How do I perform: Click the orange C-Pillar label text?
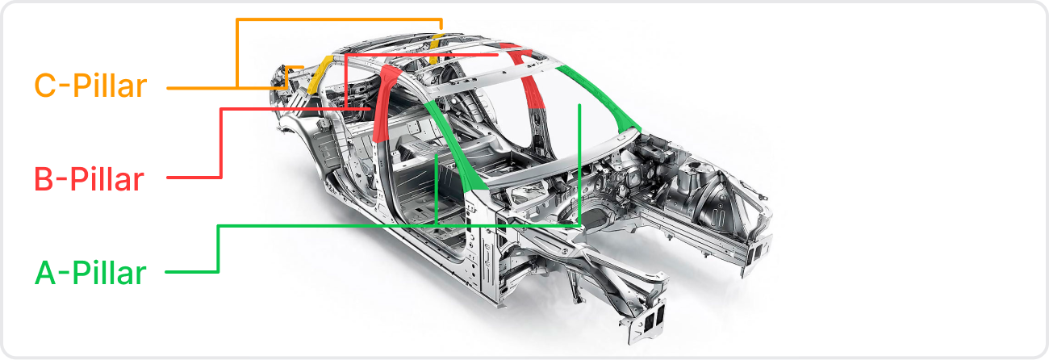click(x=91, y=86)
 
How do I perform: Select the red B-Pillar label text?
click(x=89, y=179)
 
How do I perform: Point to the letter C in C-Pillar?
click(x=45, y=86)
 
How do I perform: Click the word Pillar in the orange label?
click(x=110, y=86)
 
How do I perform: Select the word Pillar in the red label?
click(x=107, y=179)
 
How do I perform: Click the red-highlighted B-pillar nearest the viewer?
click(x=384, y=103)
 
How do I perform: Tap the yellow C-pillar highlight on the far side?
click(x=436, y=48)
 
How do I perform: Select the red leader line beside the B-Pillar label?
click(x=221, y=140)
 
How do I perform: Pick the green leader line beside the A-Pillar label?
click(x=218, y=249)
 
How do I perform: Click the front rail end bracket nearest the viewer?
click(x=646, y=324)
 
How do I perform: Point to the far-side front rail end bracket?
click(x=755, y=253)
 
